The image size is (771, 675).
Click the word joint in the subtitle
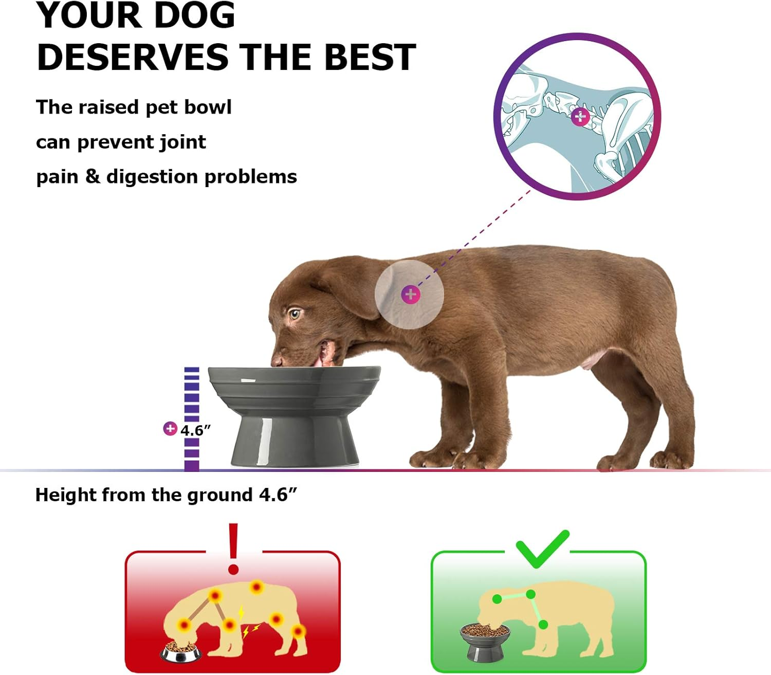(x=182, y=142)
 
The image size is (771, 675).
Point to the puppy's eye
(x=294, y=313)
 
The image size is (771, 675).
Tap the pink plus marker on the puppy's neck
(x=410, y=295)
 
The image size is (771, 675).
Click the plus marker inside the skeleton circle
(x=580, y=117)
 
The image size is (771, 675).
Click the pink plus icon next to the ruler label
(x=170, y=428)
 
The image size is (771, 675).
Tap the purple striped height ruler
(x=192, y=406)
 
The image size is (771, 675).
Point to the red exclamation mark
(x=233, y=548)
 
